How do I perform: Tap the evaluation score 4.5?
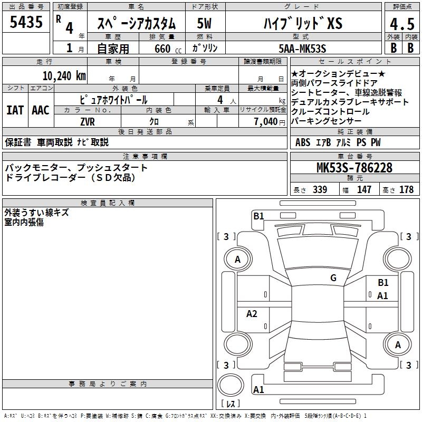[401, 24]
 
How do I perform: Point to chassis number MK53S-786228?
[354, 168]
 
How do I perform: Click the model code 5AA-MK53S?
[301, 49]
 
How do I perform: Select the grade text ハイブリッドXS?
[302, 24]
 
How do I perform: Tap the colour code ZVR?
[88, 121]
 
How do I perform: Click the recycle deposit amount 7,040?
[265, 121]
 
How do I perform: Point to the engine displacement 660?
[162, 49]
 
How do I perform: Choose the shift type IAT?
[15, 110]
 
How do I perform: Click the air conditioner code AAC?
[41, 110]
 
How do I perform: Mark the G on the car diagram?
[333, 277]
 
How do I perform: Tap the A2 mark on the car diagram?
[252, 314]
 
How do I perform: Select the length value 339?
[320, 189]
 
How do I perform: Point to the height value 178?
[406, 189]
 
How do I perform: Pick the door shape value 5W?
[205, 24]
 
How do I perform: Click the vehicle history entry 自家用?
[113, 49]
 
